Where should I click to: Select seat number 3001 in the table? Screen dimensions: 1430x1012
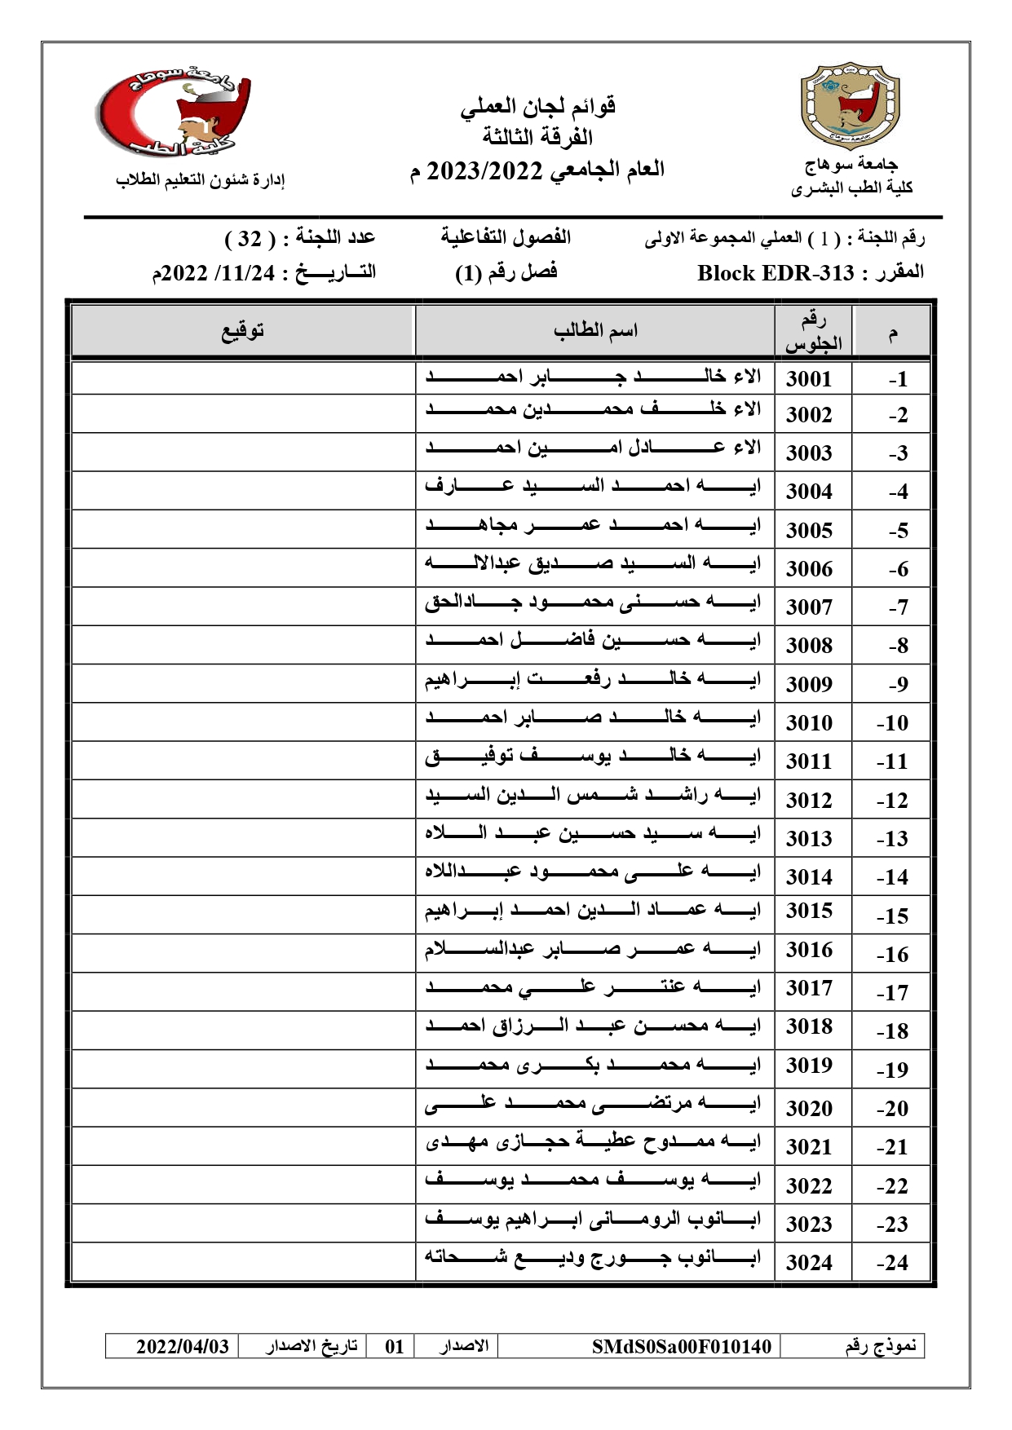pyautogui.click(x=808, y=379)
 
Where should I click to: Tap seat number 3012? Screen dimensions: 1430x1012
pyautogui.click(x=808, y=801)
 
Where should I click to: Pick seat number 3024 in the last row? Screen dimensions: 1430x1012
pyautogui.click(x=808, y=1263)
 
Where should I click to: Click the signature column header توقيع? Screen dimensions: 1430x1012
pyautogui.click(x=243, y=331)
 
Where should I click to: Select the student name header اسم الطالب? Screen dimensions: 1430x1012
pyautogui.click(x=594, y=331)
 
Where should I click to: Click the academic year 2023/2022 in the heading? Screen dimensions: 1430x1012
pyautogui.click(x=484, y=171)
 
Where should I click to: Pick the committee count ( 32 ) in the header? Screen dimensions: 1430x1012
pyautogui.click(x=249, y=239)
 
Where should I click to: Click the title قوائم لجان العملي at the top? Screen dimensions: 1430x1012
pyautogui.click(x=537, y=106)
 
